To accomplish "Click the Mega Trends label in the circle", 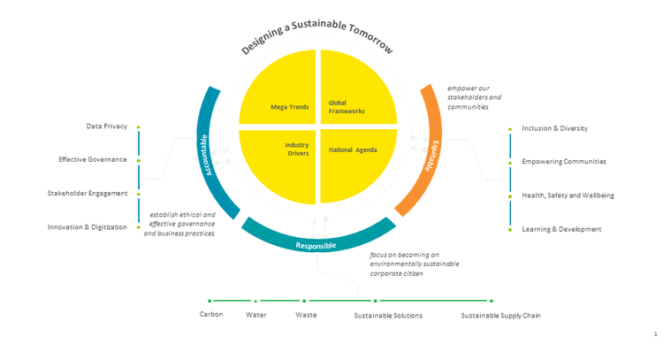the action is coord(290,107).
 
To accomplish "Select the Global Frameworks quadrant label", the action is coord(347,107).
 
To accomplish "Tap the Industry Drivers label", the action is coord(297,149).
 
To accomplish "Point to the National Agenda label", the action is coord(353,149).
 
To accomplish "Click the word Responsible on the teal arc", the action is coord(316,245).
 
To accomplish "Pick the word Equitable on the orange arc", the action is coord(432,156).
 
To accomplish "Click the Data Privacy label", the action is coord(107,126).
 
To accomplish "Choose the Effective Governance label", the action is coord(93,159).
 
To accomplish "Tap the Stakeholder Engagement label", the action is coord(88,194).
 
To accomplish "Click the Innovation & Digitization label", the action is coord(88,227).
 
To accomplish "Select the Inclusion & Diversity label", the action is coord(555,128).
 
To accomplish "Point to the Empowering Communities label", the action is coord(564,162).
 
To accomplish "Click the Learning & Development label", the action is coord(561,229).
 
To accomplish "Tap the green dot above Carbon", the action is coord(210,301).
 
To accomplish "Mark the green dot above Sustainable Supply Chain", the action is coord(492,301).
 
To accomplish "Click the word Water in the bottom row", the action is coord(256,315).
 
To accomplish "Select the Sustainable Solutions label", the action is coord(388,316).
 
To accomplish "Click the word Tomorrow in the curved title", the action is coord(370,39).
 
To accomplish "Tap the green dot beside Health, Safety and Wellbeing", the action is coord(510,196).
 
